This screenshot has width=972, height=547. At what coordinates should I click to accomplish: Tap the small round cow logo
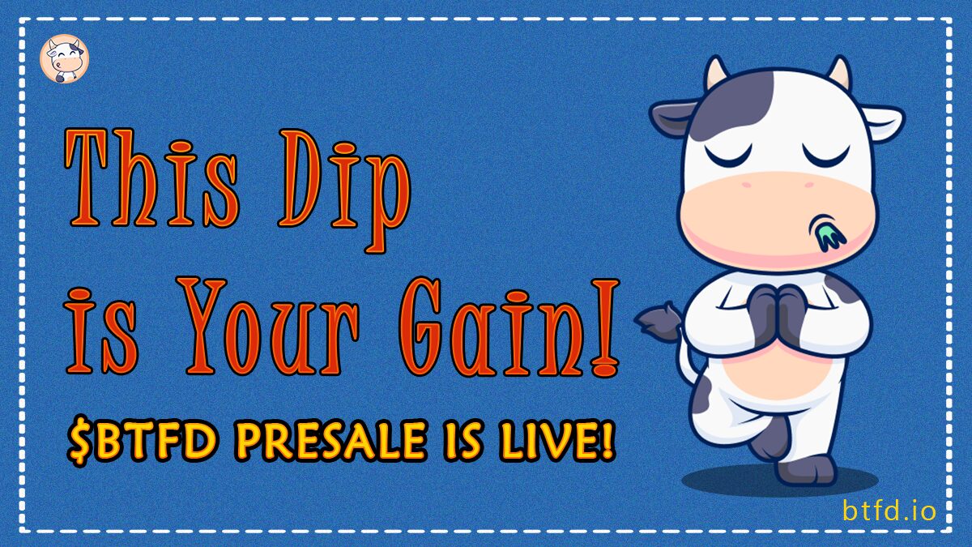click(x=64, y=58)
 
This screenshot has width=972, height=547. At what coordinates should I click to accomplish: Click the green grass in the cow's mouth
click(x=829, y=235)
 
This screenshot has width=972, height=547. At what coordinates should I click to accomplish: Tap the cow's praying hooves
click(x=778, y=314)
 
